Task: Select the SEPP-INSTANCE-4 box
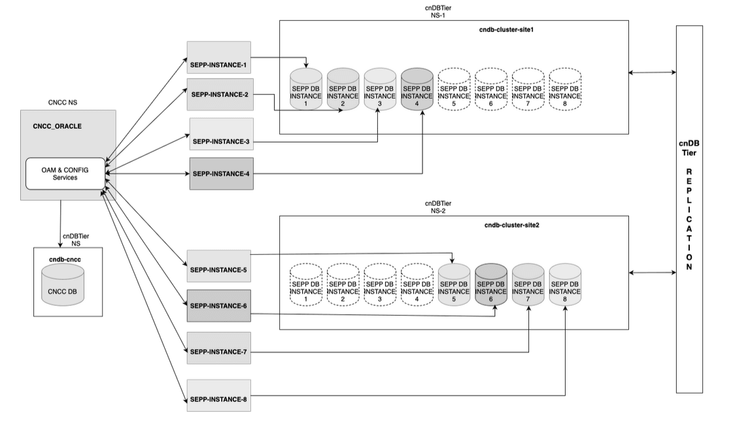pos(220,174)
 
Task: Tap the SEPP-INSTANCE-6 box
pos(219,305)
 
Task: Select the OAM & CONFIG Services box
pos(65,174)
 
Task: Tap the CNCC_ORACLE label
pos(58,126)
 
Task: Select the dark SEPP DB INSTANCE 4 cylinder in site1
pos(417,92)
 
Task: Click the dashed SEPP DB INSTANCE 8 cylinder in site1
pos(565,92)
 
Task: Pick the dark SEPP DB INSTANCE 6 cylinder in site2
pos(491,287)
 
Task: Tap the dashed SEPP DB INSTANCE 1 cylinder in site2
pos(306,287)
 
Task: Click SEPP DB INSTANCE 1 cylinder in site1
pos(306,92)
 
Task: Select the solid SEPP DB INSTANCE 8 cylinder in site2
pos(565,287)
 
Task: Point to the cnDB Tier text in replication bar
pos(689,152)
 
